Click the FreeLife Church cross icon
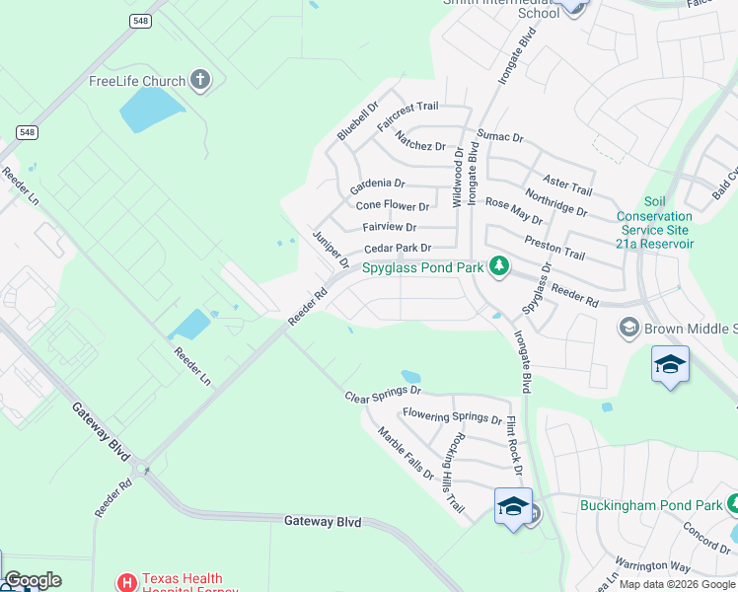(x=201, y=80)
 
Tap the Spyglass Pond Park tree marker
(x=499, y=265)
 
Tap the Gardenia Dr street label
(x=378, y=185)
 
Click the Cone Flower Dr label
(x=393, y=206)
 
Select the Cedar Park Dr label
(x=398, y=249)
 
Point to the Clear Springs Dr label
(x=383, y=395)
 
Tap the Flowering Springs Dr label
(x=452, y=416)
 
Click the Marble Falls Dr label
(x=406, y=452)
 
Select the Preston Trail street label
(x=554, y=247)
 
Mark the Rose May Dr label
(x=514, y=210)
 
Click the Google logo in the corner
(x=33, y=580)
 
